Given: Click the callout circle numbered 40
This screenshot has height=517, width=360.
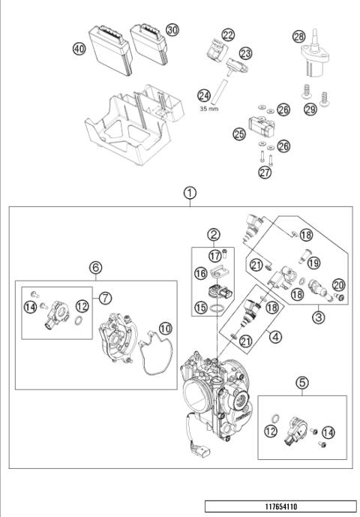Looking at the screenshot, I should coord(79,48).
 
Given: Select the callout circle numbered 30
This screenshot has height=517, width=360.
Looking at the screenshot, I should coord(172,29).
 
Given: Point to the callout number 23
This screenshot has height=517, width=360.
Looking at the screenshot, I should coord(245,53).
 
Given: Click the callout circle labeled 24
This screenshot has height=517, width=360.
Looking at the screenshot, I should coord(203,95).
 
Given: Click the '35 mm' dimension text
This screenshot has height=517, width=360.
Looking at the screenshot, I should coord(209,108).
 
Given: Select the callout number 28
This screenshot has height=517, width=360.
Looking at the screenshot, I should coord(298,35).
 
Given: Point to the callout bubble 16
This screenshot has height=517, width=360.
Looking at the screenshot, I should coord(202,275).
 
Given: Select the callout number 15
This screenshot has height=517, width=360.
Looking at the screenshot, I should coord(202,308).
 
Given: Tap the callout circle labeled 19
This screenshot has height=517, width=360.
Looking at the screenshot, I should coord(313,263).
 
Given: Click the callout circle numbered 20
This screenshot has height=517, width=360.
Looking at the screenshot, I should coord(338,284).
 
